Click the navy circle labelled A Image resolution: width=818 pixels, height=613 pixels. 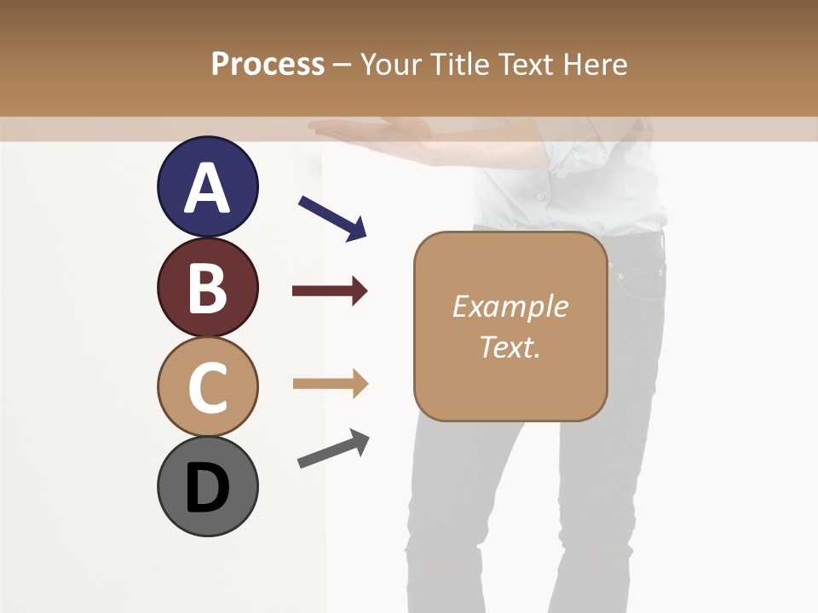pos(207,186)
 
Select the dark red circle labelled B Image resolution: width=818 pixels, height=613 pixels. pos(207,287)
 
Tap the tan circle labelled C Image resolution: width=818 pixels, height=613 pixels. pos(207,387)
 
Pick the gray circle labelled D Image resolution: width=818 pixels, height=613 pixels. pos(207,486)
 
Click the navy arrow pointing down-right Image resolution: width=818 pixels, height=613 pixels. pos(332,218)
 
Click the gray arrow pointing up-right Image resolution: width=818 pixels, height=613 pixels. pos(333,449)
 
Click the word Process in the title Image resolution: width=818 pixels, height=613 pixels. pos(268,64)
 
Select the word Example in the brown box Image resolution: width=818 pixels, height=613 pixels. pos(510,306)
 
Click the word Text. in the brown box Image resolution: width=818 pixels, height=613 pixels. pos(510,347)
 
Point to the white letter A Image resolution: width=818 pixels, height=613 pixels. pos(207,188)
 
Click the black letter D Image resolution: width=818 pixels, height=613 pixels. pos(207,489)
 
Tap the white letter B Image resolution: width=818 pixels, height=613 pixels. pos(207,288)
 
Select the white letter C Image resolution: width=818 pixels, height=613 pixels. pos(207,387)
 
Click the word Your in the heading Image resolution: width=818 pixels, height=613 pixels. pos(392,64)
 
